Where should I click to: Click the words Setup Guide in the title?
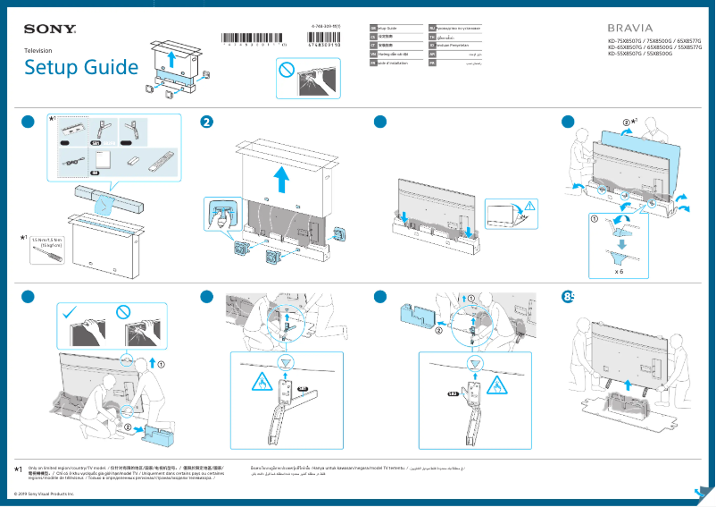click(x=81, y=68)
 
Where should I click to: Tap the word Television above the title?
click(x=37, y=51)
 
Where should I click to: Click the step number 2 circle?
click(x=207, y=123)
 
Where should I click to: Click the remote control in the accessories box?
click(x=161, y=161)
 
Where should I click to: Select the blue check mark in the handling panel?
click(x=71, y=312)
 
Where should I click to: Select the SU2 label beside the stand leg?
click(x=453, y=393)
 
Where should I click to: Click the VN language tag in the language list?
click(x=373, y=55)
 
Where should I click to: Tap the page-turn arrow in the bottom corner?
click(x=702, y=494)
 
